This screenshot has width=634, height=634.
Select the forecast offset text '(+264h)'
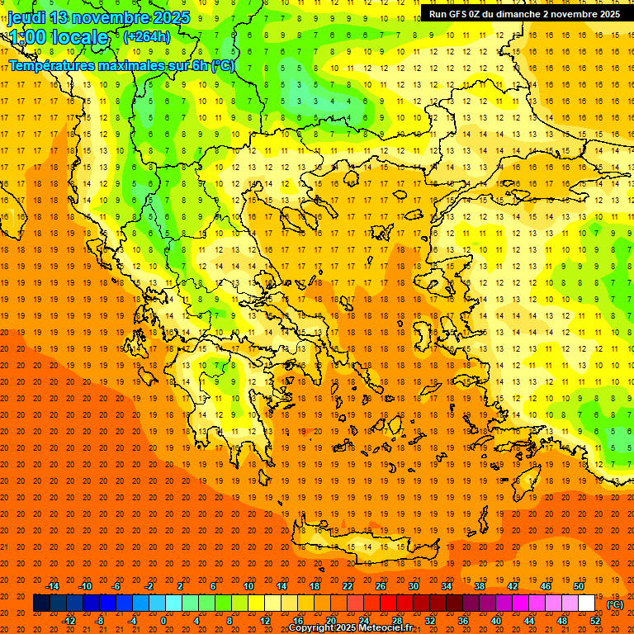[x=146, y=36]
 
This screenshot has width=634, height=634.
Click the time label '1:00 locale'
[x=58, y=37]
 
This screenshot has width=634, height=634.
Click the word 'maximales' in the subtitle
[x=143, y=65]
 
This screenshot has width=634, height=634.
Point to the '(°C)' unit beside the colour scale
[x=614, y=604]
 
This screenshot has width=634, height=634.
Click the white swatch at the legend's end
[x=587, y=603]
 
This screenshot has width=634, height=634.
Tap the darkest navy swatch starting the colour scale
[x=41, y=603]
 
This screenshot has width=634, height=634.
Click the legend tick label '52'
[x=595, y=621]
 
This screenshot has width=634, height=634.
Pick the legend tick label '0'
[x=163, y=621]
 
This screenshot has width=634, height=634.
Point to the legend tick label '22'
[x=348, y=586]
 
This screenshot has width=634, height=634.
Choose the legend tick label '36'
[x=463, y=621]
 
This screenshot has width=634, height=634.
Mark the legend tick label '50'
[x=579, y=586]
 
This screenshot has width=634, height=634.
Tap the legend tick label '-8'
[x=99, y=621]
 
